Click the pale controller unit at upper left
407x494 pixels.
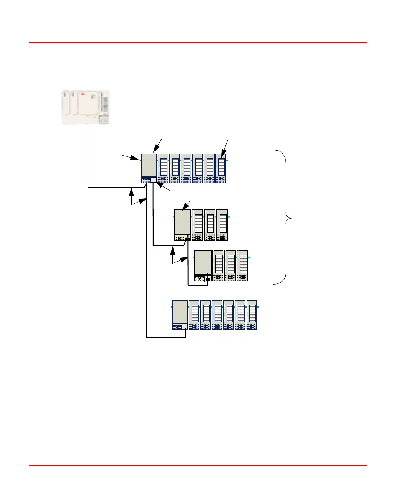[86, 107]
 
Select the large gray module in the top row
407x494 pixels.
[149, 165]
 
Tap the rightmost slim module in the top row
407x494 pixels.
[221, 168]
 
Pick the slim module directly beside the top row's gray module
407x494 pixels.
[163, 168]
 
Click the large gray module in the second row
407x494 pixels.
[182, 222]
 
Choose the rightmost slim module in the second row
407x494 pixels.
[222, 225]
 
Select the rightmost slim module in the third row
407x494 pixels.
[242, 265]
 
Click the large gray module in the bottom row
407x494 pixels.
[180, 312]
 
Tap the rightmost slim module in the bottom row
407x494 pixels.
[251, 315]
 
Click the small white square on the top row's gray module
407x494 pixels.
[154, 179]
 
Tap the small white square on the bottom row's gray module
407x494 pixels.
[185, 326]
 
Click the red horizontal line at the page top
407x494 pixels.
[198, 43]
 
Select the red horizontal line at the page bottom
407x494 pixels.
[198, 466]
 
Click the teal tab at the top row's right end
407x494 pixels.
[228, 160]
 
